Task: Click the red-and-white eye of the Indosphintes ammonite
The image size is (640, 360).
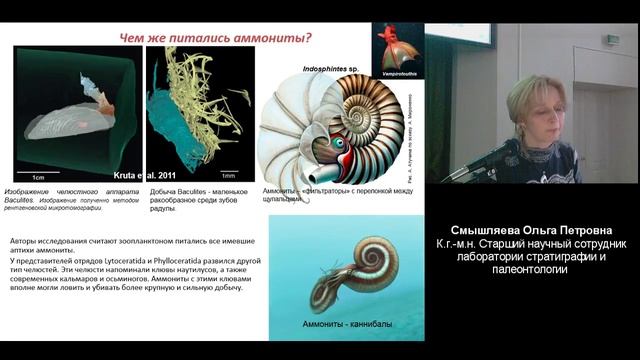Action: point(342,143)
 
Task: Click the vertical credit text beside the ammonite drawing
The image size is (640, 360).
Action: point(412,130)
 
